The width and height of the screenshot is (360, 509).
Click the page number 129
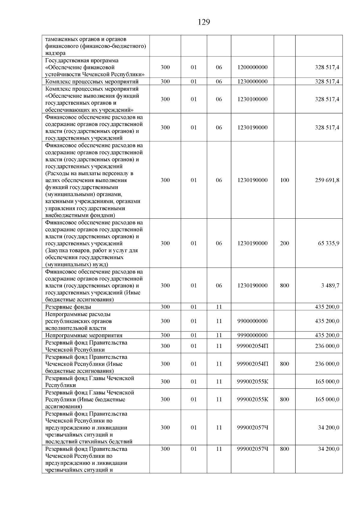[204, 22]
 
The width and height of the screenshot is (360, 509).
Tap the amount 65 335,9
[328, 243]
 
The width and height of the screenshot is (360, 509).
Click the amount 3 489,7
[330, 286]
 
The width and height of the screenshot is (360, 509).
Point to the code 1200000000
[252, 67]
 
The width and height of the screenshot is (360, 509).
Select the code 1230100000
[252, 99]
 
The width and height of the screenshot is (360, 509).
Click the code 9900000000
[252, 321]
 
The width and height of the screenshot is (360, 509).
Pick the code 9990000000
[252, 335]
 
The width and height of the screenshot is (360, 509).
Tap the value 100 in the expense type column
[284, 180]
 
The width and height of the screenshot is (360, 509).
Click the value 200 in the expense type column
[284, 243]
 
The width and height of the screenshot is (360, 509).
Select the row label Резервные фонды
[68, 307]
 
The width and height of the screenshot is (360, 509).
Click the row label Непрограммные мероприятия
[84, 336]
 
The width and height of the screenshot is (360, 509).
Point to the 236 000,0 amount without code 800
[327, 346]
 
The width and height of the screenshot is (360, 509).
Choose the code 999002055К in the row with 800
[252, 400]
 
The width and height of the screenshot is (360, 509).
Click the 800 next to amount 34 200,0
[284, 449]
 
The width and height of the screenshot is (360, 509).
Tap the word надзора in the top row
[55, 53]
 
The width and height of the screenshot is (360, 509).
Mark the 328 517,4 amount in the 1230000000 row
[327, 82]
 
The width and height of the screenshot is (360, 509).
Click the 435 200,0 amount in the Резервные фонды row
[327, 307]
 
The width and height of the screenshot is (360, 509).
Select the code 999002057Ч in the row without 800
[252, 428]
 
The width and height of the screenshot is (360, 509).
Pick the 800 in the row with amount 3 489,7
[284, 286]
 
